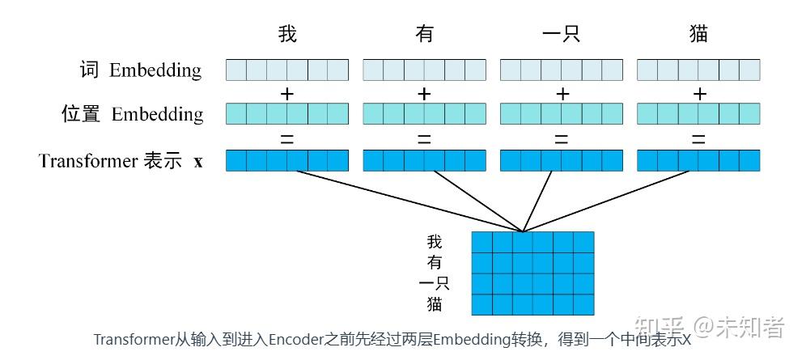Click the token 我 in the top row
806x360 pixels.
(287, 34)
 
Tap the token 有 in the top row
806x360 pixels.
(424, 34)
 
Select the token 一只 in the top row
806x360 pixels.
(561, 34)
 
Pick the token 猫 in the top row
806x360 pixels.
(698, 34)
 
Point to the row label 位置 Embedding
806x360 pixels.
(133, 114)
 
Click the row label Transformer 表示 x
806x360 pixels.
(121, 161)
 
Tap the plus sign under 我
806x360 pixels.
(286, 94)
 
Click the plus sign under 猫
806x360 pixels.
(699, 94)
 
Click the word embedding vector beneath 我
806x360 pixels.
(286, 71)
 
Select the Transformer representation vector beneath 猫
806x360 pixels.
(699, 161)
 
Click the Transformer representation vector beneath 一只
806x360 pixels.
(562, 161)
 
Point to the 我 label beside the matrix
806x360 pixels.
(435, 242)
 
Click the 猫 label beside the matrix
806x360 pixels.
(435, 304)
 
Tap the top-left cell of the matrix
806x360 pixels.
(481, 243)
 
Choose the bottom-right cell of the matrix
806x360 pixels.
(583, 305)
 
